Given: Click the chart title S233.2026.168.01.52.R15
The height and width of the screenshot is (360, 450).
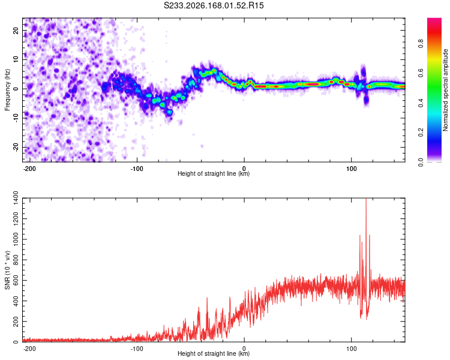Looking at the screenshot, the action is (x=214, y=5).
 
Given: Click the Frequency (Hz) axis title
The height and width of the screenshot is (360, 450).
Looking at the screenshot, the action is (x=7, y=90).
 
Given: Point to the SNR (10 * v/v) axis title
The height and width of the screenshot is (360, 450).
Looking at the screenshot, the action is (x=7, y=270).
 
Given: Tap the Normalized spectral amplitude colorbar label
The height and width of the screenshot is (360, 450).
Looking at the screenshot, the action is (x=445, y=90).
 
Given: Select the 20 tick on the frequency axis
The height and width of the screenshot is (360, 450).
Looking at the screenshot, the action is (x=16, y=30).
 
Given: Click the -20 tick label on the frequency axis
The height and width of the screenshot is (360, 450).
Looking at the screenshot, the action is (x=16, y=148).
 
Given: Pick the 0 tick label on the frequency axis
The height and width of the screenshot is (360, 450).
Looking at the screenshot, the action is (x=16, y=89).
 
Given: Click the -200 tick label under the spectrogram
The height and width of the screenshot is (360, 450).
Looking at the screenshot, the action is (x=29, y=169).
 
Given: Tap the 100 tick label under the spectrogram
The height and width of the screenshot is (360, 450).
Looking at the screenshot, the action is (x=351, y=169).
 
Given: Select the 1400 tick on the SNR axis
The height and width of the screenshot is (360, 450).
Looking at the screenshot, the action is (x=16, y=198).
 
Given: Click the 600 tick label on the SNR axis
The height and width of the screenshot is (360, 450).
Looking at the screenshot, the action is (x=16, y=280).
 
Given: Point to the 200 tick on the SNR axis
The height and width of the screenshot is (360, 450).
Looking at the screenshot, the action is (x=16, y=321).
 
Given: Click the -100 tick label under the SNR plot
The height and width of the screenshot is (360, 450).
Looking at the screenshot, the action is (x=137, y=349).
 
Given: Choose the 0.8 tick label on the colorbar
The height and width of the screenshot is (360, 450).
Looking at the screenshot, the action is (x=421, y=44).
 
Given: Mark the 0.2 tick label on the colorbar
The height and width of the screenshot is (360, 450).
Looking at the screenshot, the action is (x=421, y=133).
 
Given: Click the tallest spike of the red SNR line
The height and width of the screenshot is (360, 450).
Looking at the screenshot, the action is (x=366, y=199).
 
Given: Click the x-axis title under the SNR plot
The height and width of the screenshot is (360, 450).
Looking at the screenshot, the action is (x=214, y=353).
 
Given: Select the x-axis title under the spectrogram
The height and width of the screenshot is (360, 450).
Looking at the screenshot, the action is (x=214, y=173).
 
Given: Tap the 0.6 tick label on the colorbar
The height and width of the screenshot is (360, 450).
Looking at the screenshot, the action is (x=421, y=74).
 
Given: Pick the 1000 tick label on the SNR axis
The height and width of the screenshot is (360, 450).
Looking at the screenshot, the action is (x=16, y=239).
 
